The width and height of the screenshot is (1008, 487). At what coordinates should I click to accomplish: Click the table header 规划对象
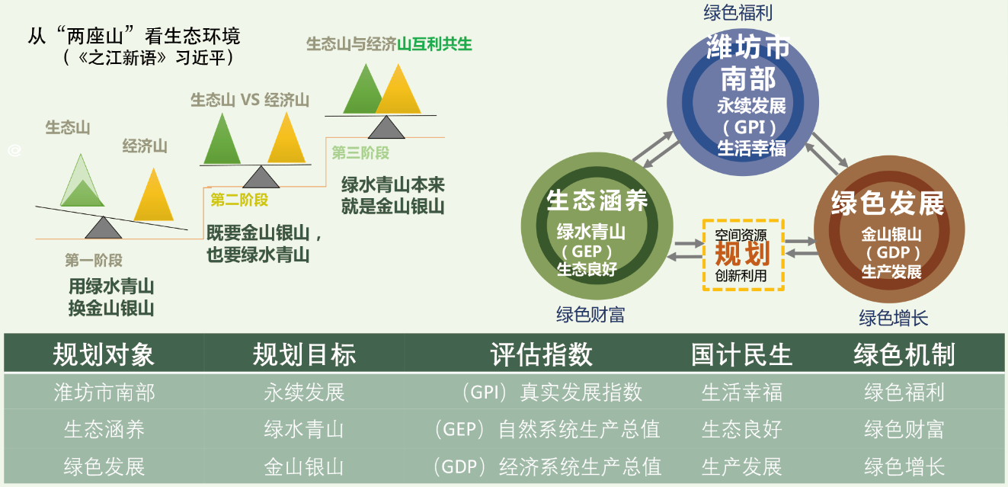[x=104, y=354]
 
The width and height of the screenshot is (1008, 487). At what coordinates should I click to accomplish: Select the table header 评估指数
[x=542, y=354]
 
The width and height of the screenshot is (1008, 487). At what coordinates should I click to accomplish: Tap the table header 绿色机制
[x=904, y=354]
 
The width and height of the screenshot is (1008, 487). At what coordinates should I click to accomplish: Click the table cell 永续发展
[x=304, y=392]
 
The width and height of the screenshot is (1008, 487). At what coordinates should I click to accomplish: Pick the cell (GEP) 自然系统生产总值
[x=547, y=429]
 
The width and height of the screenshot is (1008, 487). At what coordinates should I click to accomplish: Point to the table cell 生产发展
[x=741, y=466]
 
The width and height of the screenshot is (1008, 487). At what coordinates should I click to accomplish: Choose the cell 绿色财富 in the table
[x=904, y=429]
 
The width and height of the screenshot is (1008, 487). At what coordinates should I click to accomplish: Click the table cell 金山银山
[x=304, y=466]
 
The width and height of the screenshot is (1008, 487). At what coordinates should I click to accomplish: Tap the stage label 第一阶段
[x=94, y=260]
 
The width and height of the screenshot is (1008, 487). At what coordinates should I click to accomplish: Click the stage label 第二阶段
[x=239, y=200]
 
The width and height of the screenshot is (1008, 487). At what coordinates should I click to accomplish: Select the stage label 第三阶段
[x=360, y=153]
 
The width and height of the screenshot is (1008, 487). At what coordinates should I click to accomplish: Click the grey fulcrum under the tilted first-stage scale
[x=104, y=228]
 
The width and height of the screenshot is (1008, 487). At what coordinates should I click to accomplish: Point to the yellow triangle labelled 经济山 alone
[x=154, y=195]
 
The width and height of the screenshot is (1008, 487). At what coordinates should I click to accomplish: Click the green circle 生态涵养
[x=597, y=226]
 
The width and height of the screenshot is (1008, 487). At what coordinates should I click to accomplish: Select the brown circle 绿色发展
[x=889, y=229]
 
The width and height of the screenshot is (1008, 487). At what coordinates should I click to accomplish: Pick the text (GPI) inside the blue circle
[x=749, y=127]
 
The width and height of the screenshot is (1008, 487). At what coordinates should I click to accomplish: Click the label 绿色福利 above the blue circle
[x=738, y=13]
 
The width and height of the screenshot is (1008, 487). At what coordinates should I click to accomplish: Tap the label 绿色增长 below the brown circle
[x=893, y=318]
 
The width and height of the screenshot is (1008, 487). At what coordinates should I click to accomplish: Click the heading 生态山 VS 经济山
[x=250, y=100]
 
